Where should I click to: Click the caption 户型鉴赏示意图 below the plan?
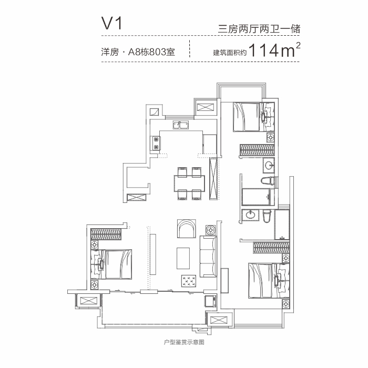[x=184, y=343]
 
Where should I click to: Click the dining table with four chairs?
[x=189, y=183]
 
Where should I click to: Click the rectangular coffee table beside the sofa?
[x=183, y=258]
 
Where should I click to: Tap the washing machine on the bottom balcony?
[x=210, y=302]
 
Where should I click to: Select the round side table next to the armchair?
[x=211, y=230]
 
